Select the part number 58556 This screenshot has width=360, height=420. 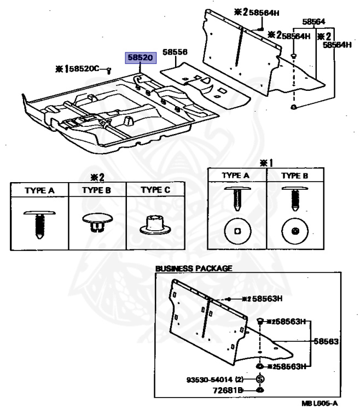pyautogui.click(x=174, y=52)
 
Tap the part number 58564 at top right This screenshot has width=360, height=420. pyautogui.click(x=314, y=22)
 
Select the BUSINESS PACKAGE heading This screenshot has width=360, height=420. pyautogui.click(x=194, y=269)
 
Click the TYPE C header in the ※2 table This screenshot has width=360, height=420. pyautogui.click(x=156, y=190)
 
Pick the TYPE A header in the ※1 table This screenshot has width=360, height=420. pyautogui.click(x=236, y=176)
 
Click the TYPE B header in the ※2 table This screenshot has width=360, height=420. pyautogui.click(x=97, y=190)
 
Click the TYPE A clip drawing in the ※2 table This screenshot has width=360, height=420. pyautogui.click(x=39, y=221)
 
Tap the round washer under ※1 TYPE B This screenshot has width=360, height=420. pyautogui.click(x=294, y=231)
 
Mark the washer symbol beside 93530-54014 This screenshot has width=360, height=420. pyautogui.click(x=260, y=379)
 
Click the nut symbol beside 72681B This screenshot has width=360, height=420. pyautogui.click(x=260, y=390)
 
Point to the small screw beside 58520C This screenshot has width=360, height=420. pyautogui.click(x=108, y=70)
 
